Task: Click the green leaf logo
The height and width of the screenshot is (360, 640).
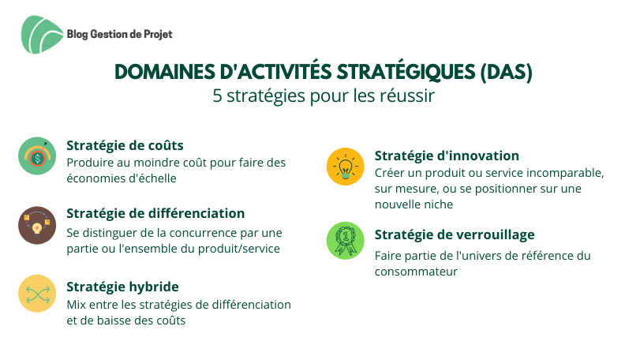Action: click(x=42, y=35)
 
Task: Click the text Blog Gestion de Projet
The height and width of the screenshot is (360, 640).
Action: click(x=120, y=34)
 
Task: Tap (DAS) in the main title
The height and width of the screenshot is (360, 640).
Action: click(x=506, y=73)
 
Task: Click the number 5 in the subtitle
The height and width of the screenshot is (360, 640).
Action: click(x=217, y=96)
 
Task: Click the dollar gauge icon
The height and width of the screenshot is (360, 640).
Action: click(x=37, y=156)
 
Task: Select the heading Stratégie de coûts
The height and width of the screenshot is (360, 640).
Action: click(x=125, y=145)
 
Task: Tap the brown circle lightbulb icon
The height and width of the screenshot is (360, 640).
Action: click(x=37, y=225)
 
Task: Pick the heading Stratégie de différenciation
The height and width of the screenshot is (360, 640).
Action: click(x=155, y=213)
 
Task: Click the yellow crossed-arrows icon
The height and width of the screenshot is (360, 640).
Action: click(x=37, y=294)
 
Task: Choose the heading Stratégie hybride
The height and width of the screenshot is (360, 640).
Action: click(x=122, y=287)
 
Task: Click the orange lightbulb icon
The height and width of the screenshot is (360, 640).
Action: click(x=346, y=167)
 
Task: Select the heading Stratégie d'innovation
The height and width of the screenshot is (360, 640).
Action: click(x=447, y=156)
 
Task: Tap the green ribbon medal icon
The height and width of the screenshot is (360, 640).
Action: click(x=346, y=241)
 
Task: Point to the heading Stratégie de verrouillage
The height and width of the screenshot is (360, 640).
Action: click(x=455, y=234)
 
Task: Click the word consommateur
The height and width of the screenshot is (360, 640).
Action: click(x=417, y=272)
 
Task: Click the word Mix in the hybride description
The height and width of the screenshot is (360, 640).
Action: click(x=75, y=305)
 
